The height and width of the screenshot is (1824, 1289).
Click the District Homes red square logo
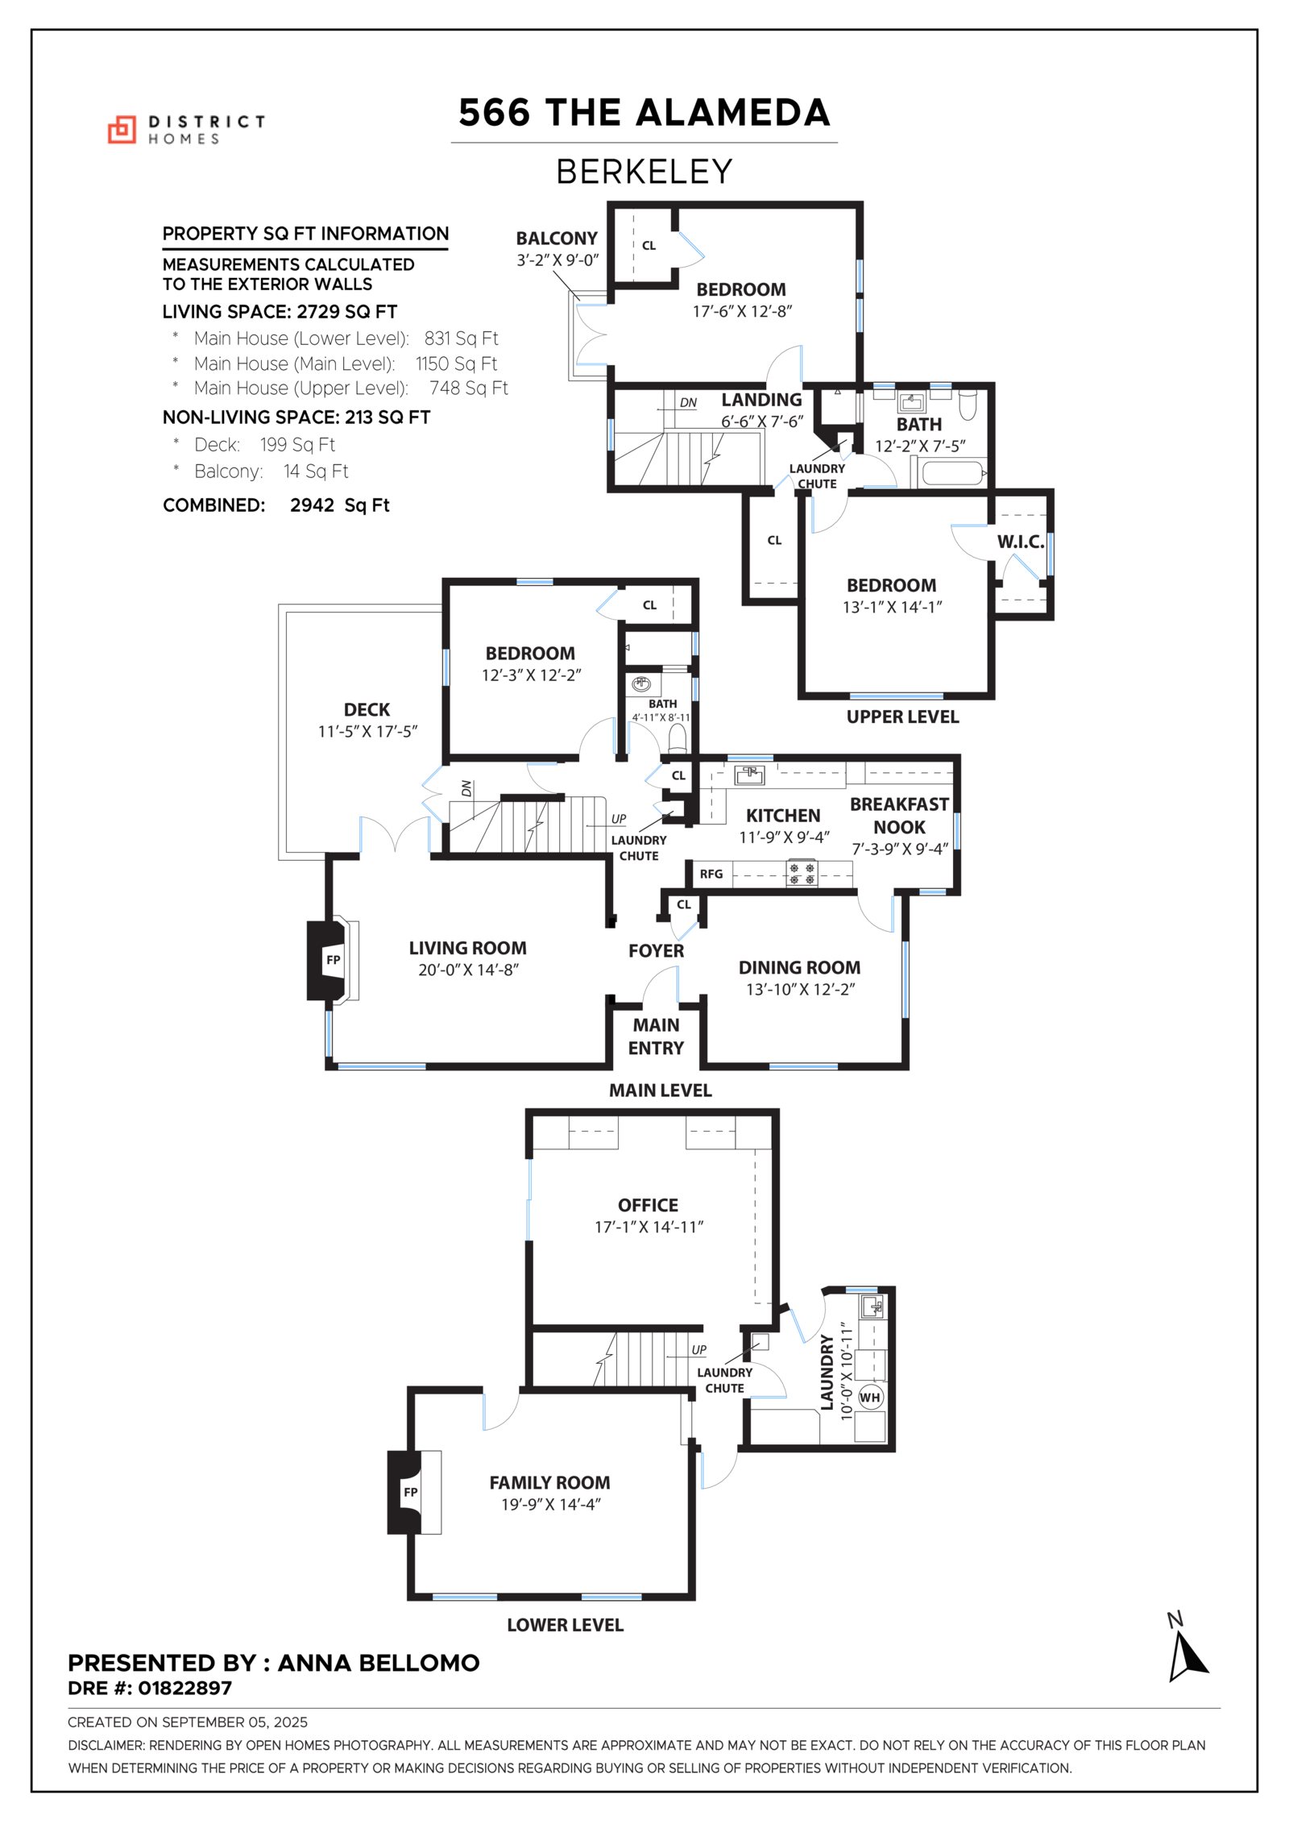pos(122,130)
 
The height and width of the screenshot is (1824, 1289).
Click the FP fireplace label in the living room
pos(333,959)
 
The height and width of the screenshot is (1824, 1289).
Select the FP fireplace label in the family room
pos(411,1491)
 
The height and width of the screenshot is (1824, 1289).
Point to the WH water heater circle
pos(870,1397)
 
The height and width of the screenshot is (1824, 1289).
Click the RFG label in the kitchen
pos(711,874)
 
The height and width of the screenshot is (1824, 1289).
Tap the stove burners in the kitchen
pos(802,874)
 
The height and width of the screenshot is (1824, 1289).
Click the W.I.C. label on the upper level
pos(1020,542)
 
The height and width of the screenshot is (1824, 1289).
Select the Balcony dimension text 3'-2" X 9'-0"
pos(557,260)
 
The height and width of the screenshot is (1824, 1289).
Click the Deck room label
pos(367,709)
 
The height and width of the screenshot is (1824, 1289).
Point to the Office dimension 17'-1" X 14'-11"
pos(649,1227)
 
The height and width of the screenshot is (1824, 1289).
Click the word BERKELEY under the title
pos(644,172)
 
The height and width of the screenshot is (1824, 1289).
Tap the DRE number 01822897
pos(184,1688)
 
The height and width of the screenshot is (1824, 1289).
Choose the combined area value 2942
pos(312,505)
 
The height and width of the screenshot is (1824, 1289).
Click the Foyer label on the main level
pos(656,951)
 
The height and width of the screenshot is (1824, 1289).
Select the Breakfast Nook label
pos(899,816)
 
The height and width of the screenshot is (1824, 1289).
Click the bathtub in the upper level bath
pos(952,472)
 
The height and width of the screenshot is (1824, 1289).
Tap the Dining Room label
pos(799,967)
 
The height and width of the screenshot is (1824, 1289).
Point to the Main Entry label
pos(656,1037)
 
